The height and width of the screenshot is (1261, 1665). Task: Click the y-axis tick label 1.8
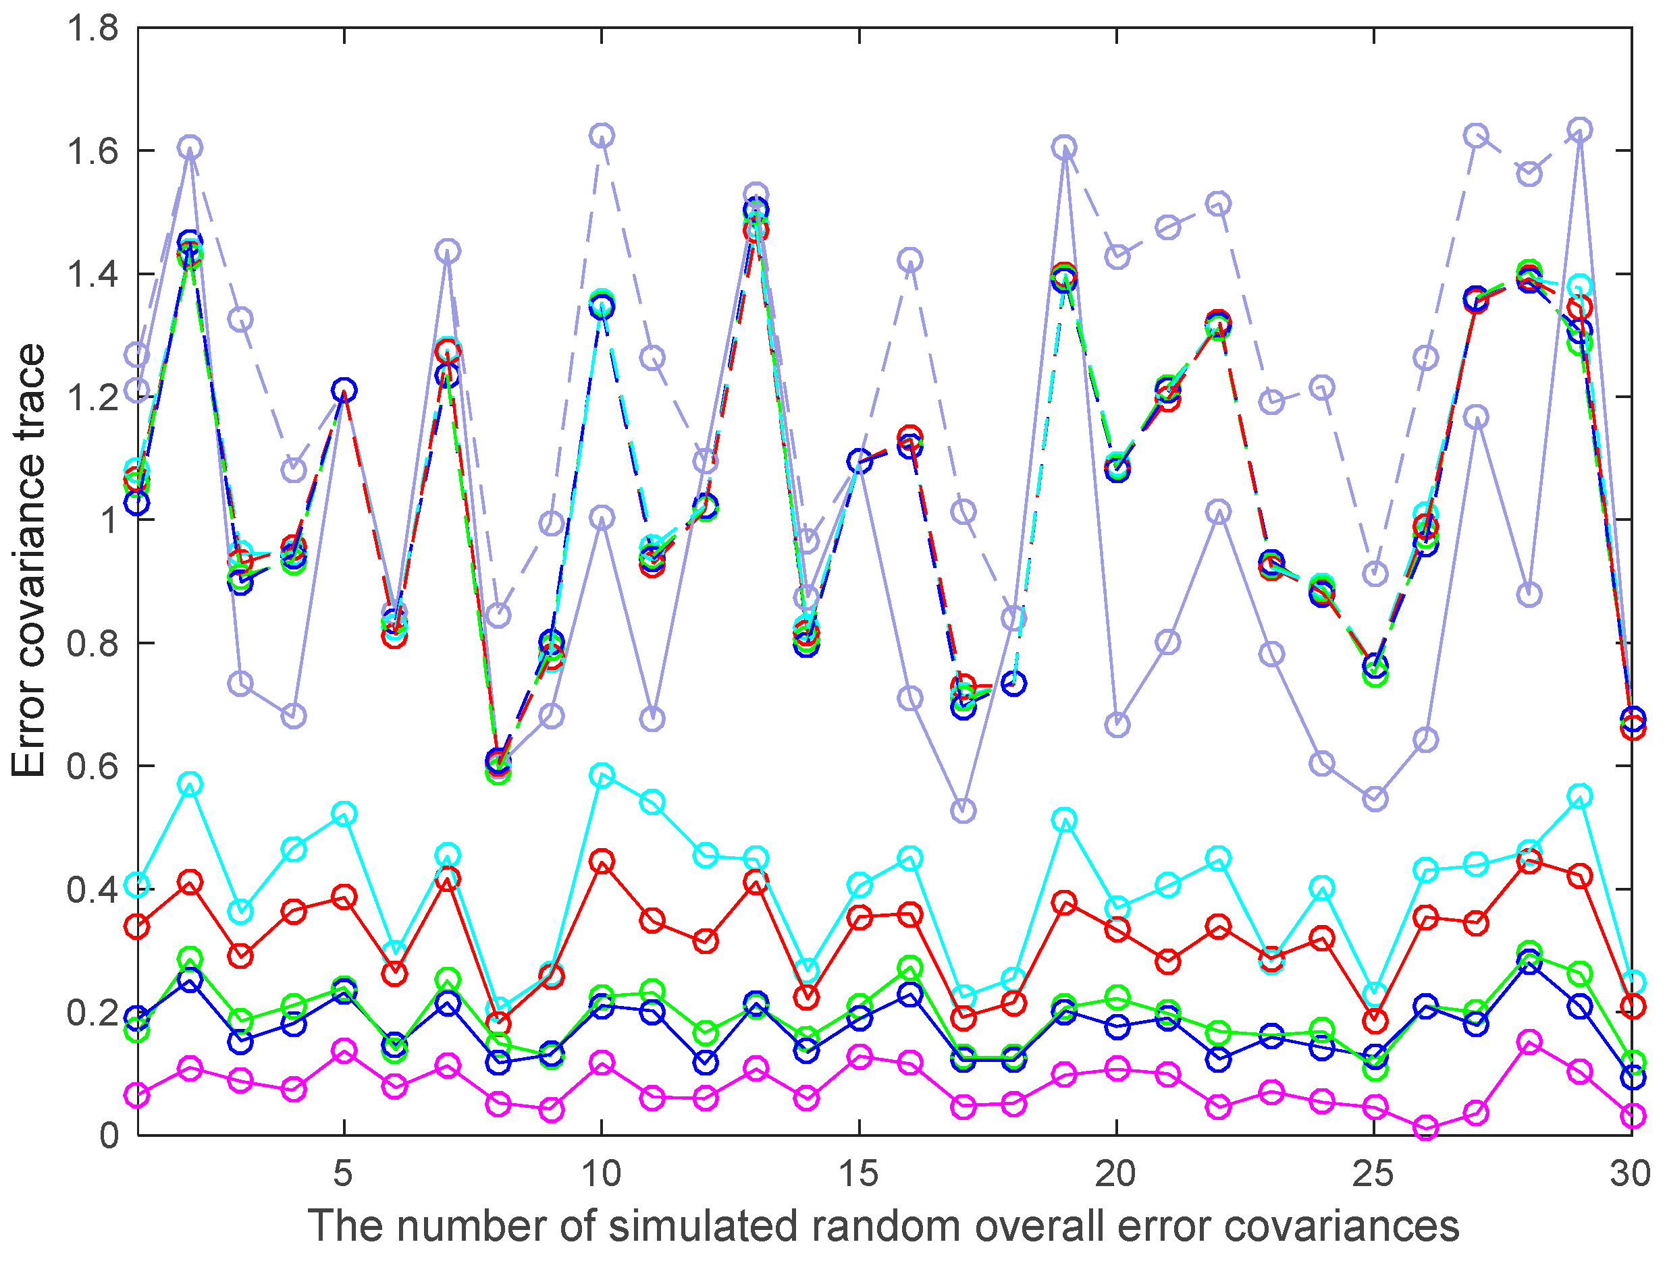(92, 29)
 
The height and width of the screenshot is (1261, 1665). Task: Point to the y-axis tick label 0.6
(92, 766)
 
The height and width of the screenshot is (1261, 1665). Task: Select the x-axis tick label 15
(858, 1175)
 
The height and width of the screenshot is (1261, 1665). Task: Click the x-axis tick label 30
(1630, 1175)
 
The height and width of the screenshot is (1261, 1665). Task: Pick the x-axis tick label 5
(343, 1175)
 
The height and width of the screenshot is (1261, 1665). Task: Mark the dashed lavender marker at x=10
(602, 136)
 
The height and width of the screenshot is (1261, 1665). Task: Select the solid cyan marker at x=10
(602, 775)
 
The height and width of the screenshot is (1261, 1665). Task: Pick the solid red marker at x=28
(1529, 861)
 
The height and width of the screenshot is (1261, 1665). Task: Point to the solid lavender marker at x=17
(963, 811)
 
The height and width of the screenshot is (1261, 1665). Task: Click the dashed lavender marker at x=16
(910, 260)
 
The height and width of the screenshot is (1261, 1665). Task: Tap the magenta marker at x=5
(344, 1051)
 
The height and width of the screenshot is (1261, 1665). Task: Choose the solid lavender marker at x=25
(1375, 799)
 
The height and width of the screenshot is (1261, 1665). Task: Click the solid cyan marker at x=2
(190, 784)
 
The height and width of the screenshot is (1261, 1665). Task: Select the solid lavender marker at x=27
(1476, 416)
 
